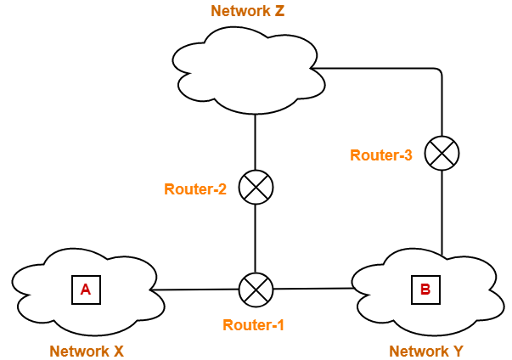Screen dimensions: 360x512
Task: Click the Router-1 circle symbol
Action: pyautogui.click(x=255, y=290)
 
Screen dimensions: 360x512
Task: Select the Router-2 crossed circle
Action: pyautogui.click(x=255, y=188)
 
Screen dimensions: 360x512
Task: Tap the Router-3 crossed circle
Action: pyautogui.click(x=442, y=153)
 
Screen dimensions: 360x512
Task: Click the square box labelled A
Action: pyautogui.click(x=85, y=290)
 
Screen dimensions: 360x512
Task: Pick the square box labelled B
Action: pyautogui.click(x=425, y=290)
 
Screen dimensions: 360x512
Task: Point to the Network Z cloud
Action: pyautogui.click(x=246, y=72)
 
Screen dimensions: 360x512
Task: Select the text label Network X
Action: pyautogui.click(x=86, y=351)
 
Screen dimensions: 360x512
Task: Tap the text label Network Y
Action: pyautogui.click(x=425, y=351)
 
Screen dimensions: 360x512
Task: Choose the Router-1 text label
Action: pyautogui.click(x=254, y=325)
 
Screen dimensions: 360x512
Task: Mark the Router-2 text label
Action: pyautogui.click(x=194, y=189)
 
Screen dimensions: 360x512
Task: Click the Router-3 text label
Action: pyautogui.click(x=381, y=155)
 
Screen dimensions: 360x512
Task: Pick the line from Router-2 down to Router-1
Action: pyautogui.click(x=255, y=238)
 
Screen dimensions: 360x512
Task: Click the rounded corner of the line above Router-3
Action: pyautogui.click(x=439, y=70)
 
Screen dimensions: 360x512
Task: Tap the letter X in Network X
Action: pyautogui.click(x=118, y=351)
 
